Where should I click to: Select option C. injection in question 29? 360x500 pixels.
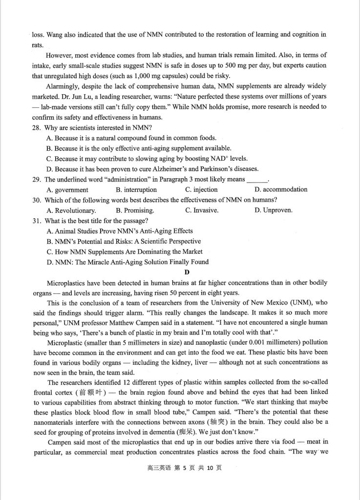tap(201, 189)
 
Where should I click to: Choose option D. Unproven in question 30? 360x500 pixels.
tap(274, 210)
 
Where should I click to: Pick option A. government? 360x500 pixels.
tap(67, 189)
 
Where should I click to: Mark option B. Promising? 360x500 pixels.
tap(135, 210)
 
